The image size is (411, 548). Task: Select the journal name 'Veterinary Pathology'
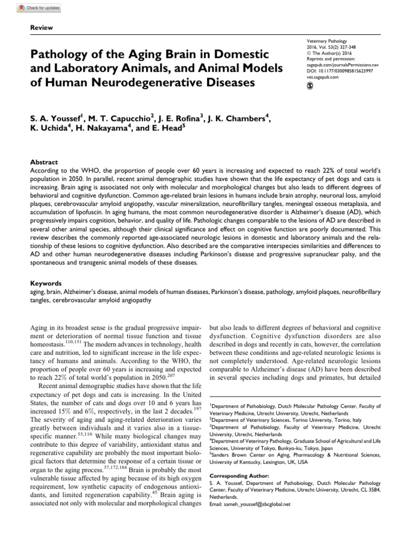tap(326, 41)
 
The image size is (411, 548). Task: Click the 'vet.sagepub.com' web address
tap(323, 77)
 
